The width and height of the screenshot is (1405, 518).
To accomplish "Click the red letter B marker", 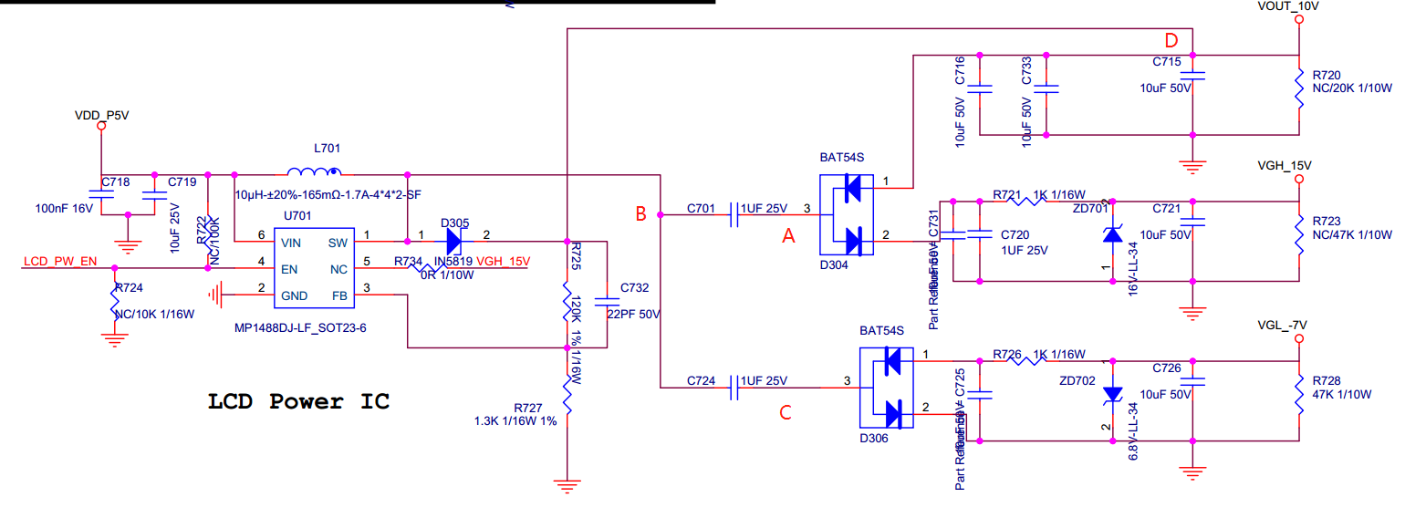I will click(641, 214).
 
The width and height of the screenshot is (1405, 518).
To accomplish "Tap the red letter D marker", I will click(1171, 40).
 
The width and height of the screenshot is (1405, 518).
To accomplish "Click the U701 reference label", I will click(297, 216).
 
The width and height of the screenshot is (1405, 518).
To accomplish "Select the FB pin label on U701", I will click(339, 295).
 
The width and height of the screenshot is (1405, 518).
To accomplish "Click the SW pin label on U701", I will click(338, 243).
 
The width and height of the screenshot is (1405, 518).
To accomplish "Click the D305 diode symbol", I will click(454, 242).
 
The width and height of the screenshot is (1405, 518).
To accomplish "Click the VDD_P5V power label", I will click(102, 116).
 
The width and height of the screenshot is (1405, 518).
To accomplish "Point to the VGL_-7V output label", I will click(1283, 326).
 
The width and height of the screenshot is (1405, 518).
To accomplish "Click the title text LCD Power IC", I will click(299, 402).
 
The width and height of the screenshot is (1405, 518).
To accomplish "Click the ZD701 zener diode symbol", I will click(1111, 235).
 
